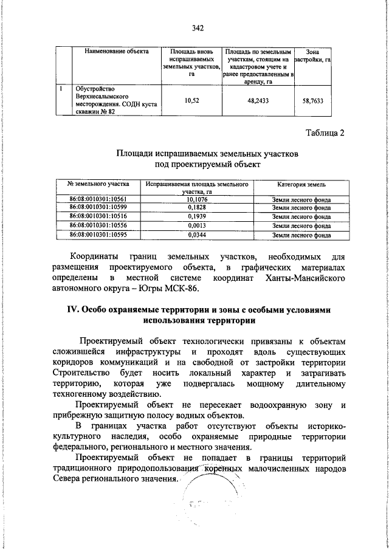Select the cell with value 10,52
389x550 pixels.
coord(191,101)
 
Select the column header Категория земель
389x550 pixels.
coord(301,184)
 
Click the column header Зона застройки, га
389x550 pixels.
coord(313,57)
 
